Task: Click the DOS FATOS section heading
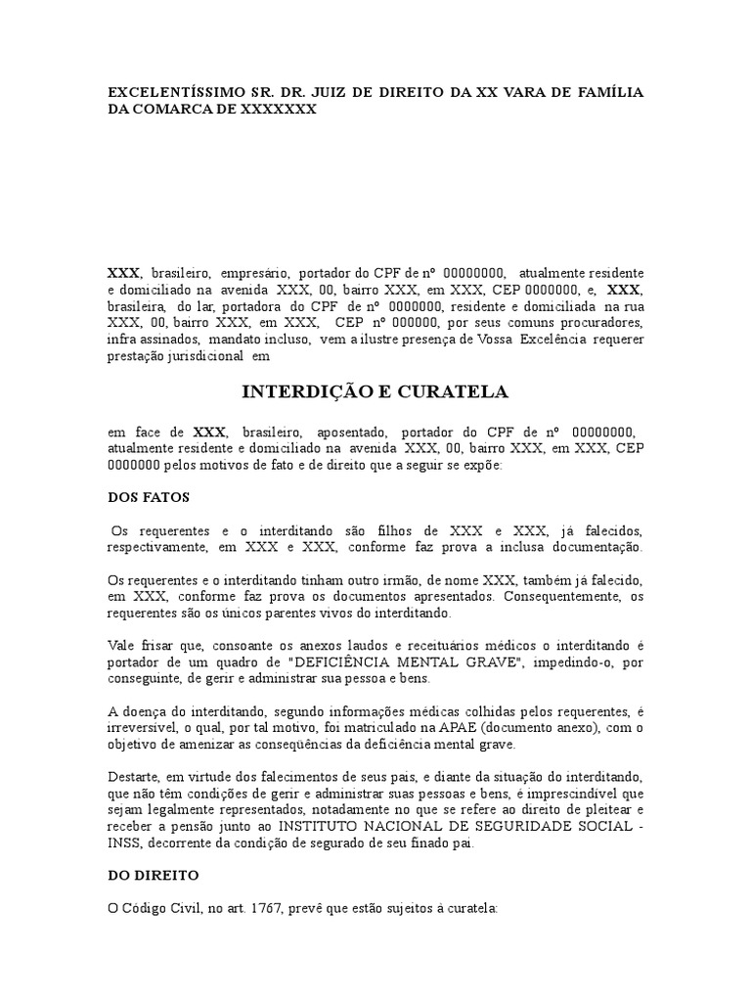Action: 148,497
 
